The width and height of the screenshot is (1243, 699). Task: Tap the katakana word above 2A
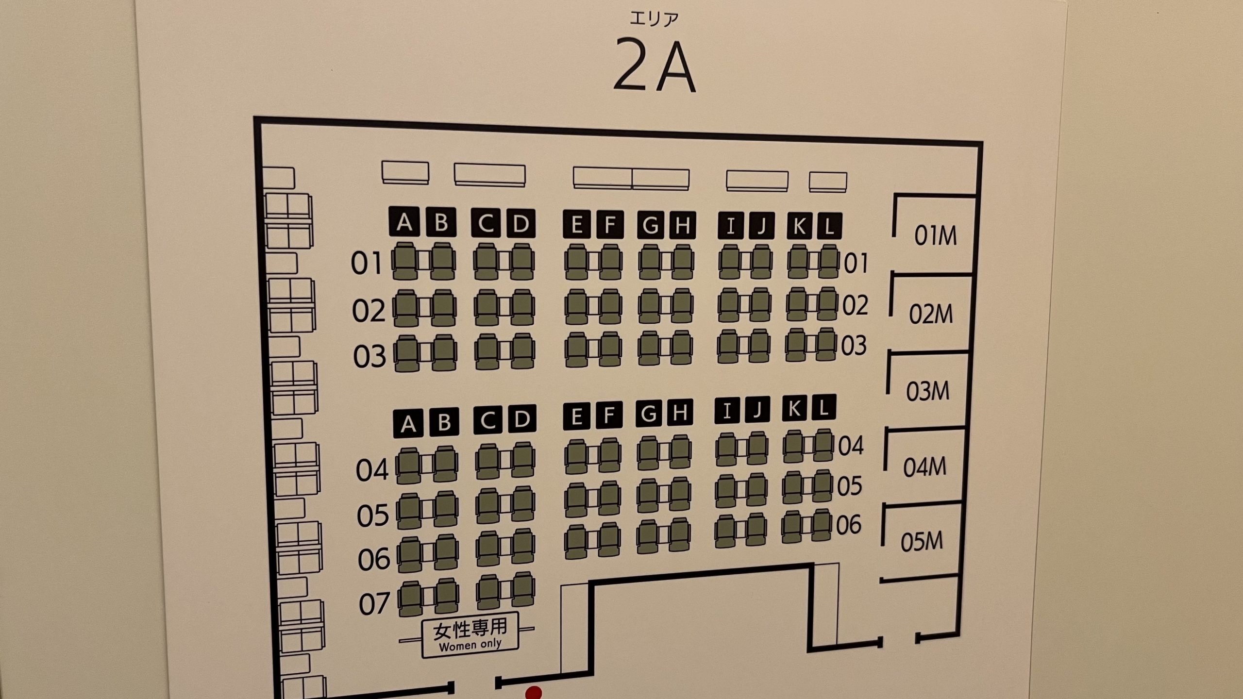[x=654, y=19]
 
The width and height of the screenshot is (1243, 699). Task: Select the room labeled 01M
[x=935, y=236]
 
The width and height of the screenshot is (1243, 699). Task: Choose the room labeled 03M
[x=927, y=391]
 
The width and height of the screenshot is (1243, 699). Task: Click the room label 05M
[x=922, y=542]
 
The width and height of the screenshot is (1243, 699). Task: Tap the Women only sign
[x=470, y=635]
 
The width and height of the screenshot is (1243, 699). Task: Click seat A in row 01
[x=405, y=261]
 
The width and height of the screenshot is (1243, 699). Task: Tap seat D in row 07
[x=523, y=592]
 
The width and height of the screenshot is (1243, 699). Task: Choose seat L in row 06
[x=821, y=525]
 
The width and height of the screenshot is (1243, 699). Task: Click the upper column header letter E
[x=577, y=225]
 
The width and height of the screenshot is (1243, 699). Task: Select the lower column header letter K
[x=794, y=409]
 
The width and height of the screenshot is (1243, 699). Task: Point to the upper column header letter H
[x=682, y=225]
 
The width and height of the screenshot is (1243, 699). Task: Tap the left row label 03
[x=369, y=356]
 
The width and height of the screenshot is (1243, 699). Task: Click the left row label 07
[x=374, y=604]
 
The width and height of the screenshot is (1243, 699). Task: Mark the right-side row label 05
[x=849, y=485]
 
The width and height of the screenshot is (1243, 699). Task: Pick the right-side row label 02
[x=855, y=305]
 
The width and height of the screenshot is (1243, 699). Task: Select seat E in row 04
[x=576, y=457]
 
